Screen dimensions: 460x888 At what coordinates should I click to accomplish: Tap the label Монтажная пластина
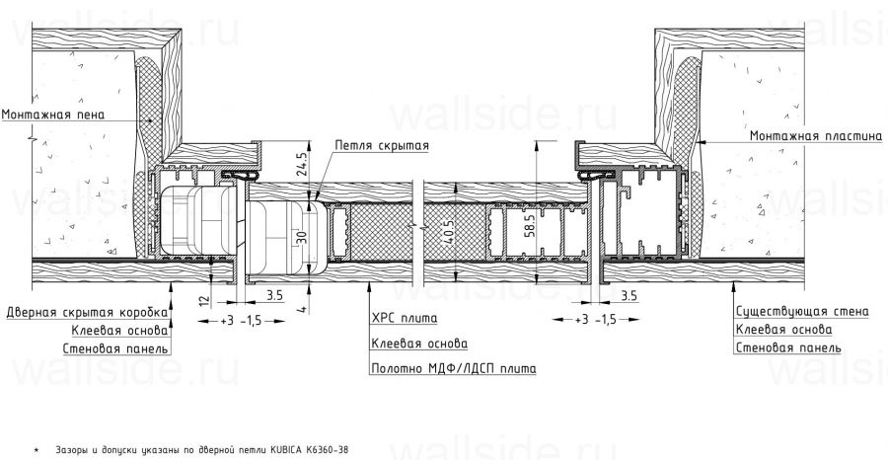[815, 135]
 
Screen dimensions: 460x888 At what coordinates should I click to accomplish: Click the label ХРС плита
[405, 319]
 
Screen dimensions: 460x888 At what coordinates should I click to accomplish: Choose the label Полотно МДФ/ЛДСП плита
[453, 367]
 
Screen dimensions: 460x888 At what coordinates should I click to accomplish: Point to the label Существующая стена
[802, 311]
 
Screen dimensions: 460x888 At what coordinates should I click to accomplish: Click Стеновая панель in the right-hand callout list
[787, 347]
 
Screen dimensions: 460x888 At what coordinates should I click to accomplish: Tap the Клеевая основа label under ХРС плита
[419, 344]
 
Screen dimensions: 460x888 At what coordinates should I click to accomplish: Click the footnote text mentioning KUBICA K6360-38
[196, 449]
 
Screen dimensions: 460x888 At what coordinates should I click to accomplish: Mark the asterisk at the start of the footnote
[36, 450]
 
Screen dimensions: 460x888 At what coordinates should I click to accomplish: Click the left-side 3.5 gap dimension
[274, 295]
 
